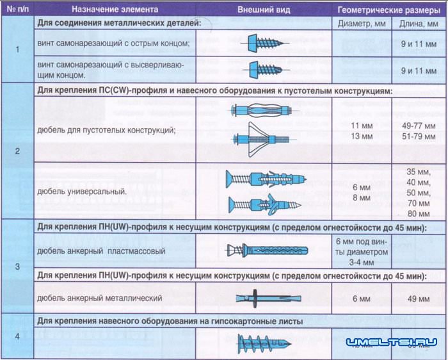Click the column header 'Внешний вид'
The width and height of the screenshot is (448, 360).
(264, 10)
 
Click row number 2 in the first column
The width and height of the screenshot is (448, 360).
(17, 151)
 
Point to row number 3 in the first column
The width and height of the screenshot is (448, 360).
(17, 266)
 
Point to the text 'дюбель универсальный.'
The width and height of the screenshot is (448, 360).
(81, 191)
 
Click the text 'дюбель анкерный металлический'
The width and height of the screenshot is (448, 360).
(100, 299)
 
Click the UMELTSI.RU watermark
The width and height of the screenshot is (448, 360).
(392, 343)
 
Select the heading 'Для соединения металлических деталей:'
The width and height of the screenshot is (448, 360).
(119, 24)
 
